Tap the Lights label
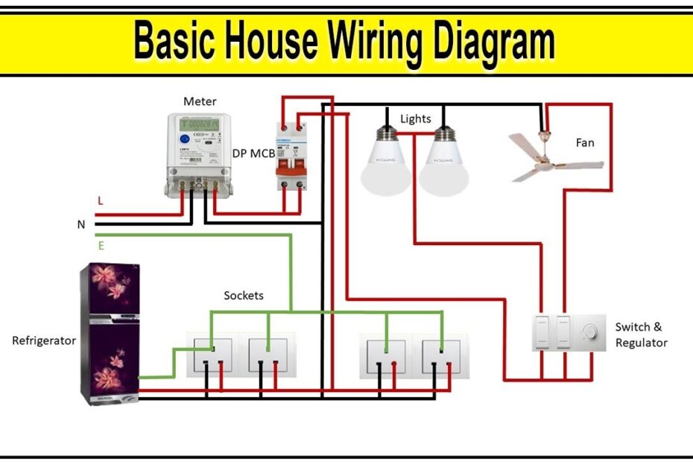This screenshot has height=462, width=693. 415,118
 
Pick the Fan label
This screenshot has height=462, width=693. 585,142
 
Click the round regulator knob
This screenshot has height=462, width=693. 590,332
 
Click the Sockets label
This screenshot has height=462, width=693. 244,296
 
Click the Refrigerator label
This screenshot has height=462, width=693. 44,341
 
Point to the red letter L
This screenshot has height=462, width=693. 100,201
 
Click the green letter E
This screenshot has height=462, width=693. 101,244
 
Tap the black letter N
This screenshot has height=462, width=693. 81,224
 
